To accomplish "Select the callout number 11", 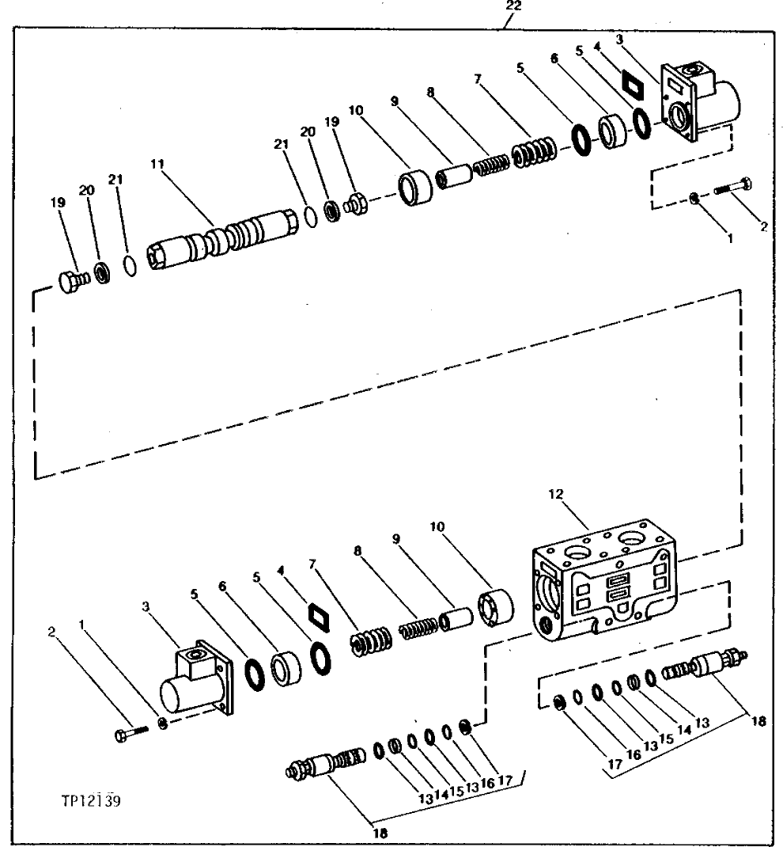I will click(156, 164).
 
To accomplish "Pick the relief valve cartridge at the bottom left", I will click(326, 765).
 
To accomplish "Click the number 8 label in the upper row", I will click(430, 92).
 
